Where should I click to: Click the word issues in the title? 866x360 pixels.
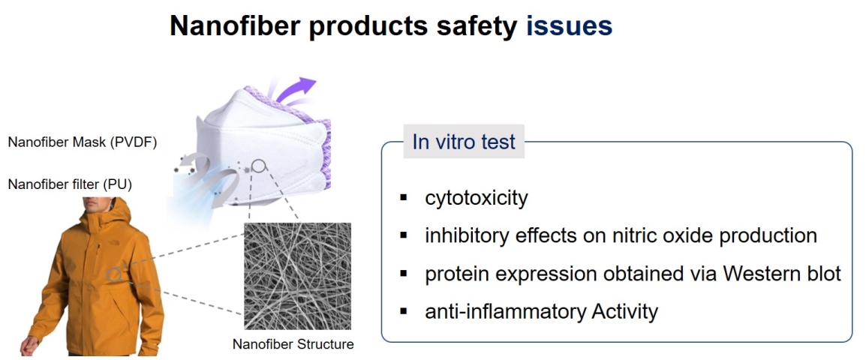pyautogui.click(x=569, y=26)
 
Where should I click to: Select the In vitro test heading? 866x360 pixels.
pyautogui.click(x=463, y=141)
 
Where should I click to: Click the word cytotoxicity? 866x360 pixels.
pyautogui.click(x=476, y=198)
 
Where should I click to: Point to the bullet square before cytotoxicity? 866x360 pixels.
pyautogui.click(x=404, y=197)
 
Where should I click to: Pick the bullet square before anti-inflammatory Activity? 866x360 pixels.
pyautogui.click(x=404, y=311)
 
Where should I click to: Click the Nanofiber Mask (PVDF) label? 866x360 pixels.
pyautogui.click(x=83, y=142)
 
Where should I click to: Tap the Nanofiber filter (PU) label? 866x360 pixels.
pyautogui.click(x=70, y=184)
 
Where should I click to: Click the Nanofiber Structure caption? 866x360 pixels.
pyautogui.click(x=293, y=344)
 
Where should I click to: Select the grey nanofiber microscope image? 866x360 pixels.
pyautogui.click(x=297, y=276)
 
